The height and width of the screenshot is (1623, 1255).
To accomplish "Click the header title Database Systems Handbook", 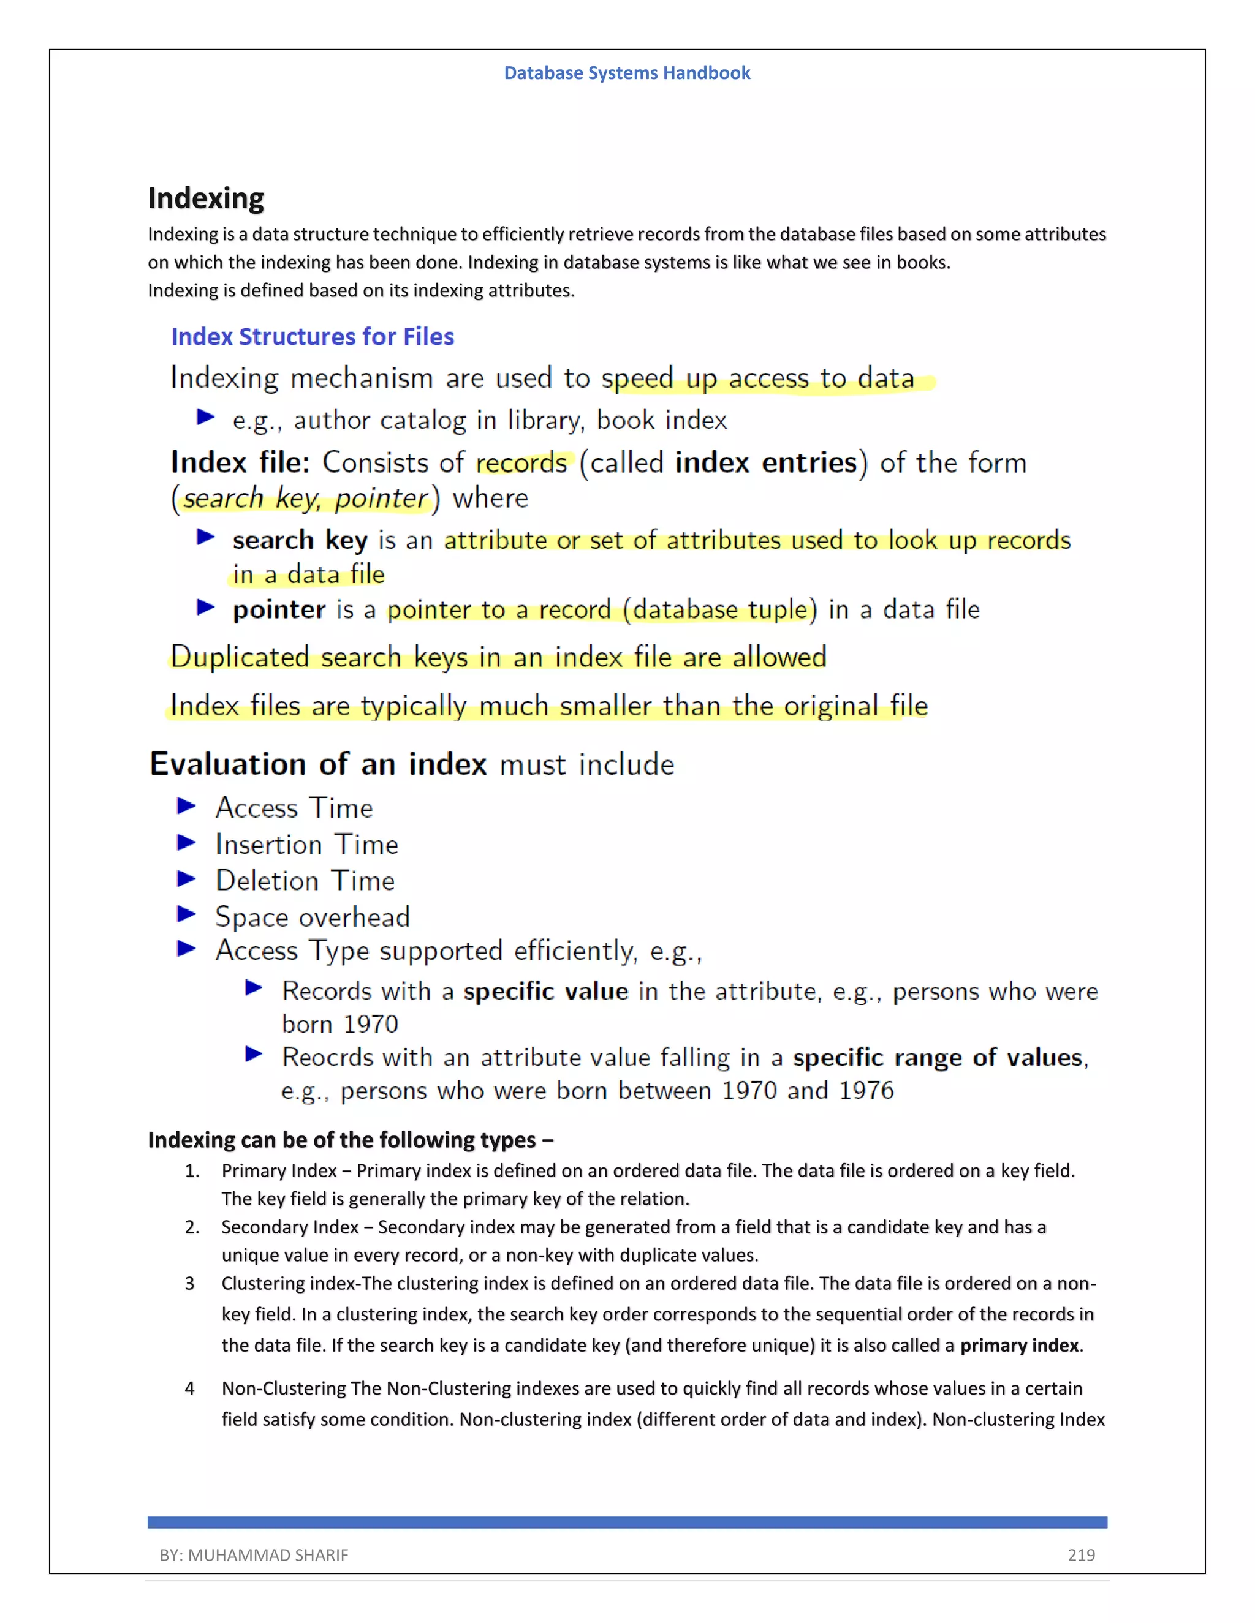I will coord(627,73).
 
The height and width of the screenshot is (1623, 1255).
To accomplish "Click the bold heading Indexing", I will coord(206,198).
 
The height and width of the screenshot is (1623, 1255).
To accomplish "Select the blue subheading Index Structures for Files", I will coord(313,337).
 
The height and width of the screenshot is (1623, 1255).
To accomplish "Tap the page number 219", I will coord(1080,1554).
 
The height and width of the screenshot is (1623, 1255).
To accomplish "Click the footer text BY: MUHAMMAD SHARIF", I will coord(254,1554).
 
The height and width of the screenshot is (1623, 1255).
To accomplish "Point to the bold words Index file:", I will coord(240,462).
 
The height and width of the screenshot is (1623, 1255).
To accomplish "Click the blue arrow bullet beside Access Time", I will coord(186,805).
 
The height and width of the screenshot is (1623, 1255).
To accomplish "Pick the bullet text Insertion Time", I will coord(306,844).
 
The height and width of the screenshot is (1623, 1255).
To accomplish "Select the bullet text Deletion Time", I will coord(305,881).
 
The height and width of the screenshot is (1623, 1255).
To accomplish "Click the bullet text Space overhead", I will coord(313,917).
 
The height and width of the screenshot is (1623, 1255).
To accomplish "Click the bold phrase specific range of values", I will coord(937,1056).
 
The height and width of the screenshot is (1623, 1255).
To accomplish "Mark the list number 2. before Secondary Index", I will coord(192,1227).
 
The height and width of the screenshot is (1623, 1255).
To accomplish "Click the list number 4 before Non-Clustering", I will coord(189,1388).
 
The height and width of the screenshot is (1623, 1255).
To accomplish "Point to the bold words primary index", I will coord(1018,1346).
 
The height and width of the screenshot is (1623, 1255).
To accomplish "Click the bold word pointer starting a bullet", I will coord(279,609).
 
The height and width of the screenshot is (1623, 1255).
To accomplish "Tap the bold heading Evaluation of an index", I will coord(318,764).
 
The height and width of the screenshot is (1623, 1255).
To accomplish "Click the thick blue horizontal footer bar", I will coord(627,1522).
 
